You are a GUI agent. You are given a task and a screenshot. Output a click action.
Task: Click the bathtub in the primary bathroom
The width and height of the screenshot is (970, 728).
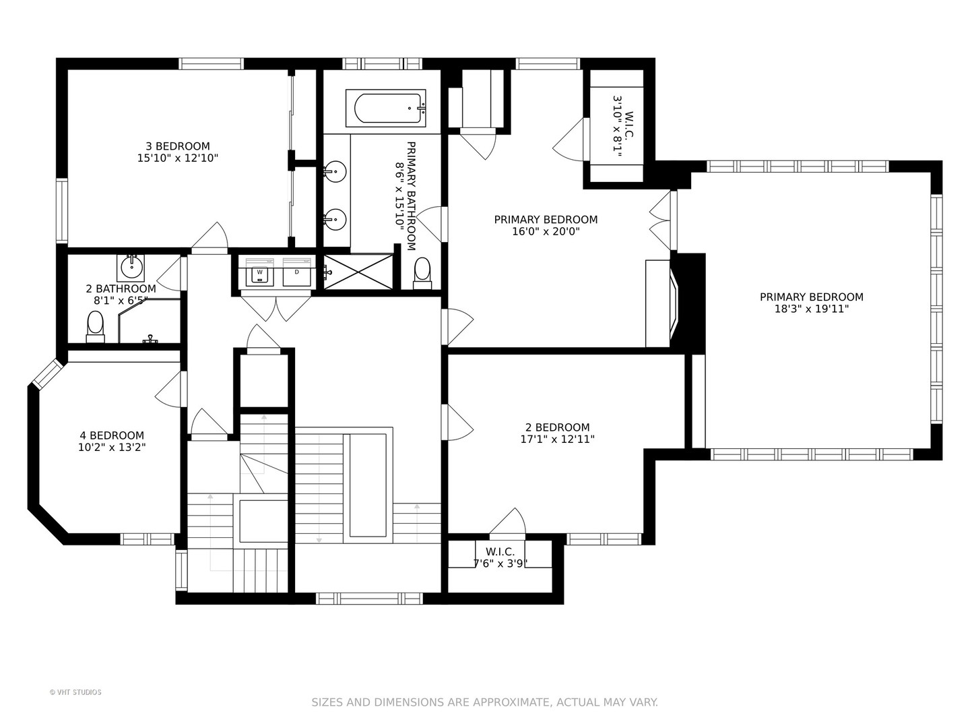[x=385, y=108]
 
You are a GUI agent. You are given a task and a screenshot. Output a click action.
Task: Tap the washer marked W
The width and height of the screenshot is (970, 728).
[x=259, y=272]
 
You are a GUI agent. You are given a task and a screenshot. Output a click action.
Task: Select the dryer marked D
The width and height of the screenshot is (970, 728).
[x=296, y=272]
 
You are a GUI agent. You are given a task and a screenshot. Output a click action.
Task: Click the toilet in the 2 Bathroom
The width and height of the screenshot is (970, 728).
[x=95, y=327]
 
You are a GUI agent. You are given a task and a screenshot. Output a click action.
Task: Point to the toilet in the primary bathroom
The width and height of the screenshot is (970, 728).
[x=422, y=273]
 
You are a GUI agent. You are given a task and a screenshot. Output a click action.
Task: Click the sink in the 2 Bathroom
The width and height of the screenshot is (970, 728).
[x=131, y=268]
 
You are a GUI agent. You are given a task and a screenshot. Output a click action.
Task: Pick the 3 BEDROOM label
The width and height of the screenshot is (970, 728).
[x=178, y=146]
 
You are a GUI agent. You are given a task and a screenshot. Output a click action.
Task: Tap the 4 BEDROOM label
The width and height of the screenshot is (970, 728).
[x=112, y=435]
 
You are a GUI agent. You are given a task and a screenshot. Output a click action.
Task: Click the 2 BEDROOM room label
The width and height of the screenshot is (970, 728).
[x=557, y=427]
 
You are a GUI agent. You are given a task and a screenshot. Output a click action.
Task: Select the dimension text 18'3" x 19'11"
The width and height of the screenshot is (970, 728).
[x=811, y=309]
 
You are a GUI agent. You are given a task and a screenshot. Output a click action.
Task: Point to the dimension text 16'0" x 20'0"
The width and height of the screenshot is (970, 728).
[x=546, y=231]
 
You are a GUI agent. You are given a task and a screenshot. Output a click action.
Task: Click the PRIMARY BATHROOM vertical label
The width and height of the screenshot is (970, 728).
[x=411, y=195]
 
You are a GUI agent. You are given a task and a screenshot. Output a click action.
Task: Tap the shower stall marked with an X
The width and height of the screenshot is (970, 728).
[x=358, y=272]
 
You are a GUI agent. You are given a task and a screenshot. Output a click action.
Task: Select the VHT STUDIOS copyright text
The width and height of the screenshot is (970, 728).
[x=75, y=692]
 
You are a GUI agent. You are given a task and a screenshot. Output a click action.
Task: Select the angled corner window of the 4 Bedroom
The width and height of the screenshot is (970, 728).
[x=46, y=374]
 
